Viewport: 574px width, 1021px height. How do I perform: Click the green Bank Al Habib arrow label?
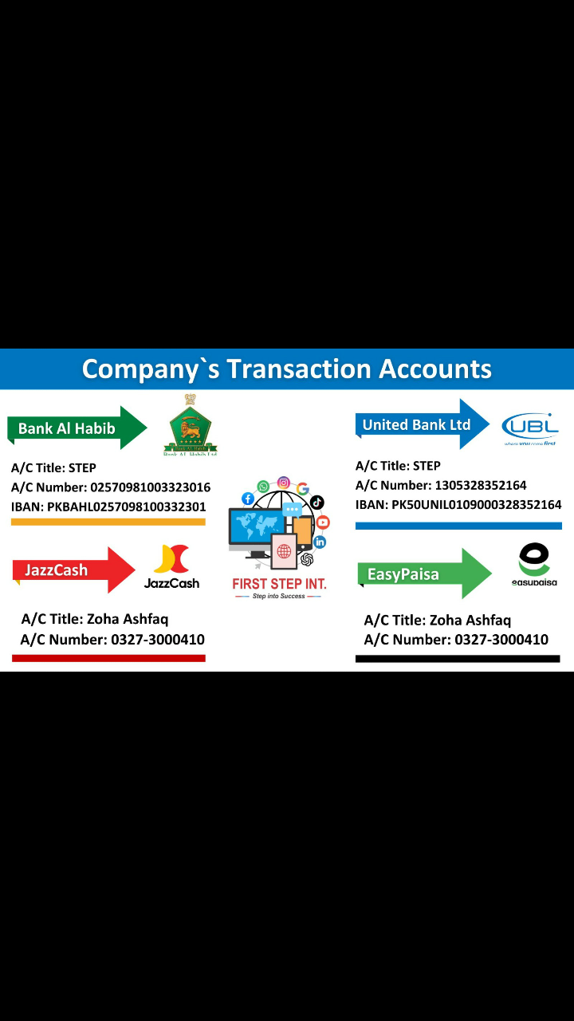pyautogui.click(x=77, y=428)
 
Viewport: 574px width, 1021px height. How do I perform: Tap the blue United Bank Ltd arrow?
pyautogui.click(x=423, y=424)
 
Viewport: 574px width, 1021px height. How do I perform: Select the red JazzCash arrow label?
pyautogui.click(x=74, y=570)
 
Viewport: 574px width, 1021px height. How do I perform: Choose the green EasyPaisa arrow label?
pyautogui.click(x=425, y=574)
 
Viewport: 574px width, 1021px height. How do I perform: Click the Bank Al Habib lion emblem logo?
pyautogui.click(x=191, y=425)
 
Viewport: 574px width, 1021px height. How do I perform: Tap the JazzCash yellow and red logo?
pyautogui.click(x=171, y=566)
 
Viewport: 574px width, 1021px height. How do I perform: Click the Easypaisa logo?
pyautogui.click(x=534, y=564)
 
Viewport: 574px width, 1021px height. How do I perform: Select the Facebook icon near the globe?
pyautogui.click(x=248, y=499)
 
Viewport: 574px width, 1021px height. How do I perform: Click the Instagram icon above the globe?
pyautogui.click(x=283, y=483)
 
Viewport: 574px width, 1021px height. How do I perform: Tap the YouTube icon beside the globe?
pyautogui.click(x=323, y=522)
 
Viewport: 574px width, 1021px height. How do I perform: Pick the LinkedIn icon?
pyautogui.click(x=320, y=542)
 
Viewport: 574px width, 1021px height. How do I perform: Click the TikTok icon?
pyautogui.click(x=317, y=503)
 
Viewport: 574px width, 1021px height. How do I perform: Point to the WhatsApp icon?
pyautogui.click(x=263, y=487)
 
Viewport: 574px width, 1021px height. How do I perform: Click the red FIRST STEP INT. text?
pyautogui.click(x=279, y=583)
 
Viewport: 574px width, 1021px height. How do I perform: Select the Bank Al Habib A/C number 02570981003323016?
pyautogui.click(x=151, y=487)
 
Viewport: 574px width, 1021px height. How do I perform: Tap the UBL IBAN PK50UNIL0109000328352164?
pyautogui.click(x=477, y=505)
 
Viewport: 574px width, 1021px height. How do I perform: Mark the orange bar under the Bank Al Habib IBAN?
pyautogui.click(x=108, y=522)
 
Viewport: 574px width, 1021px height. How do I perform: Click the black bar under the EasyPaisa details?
pyautogui.click(x=458, y=659)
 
